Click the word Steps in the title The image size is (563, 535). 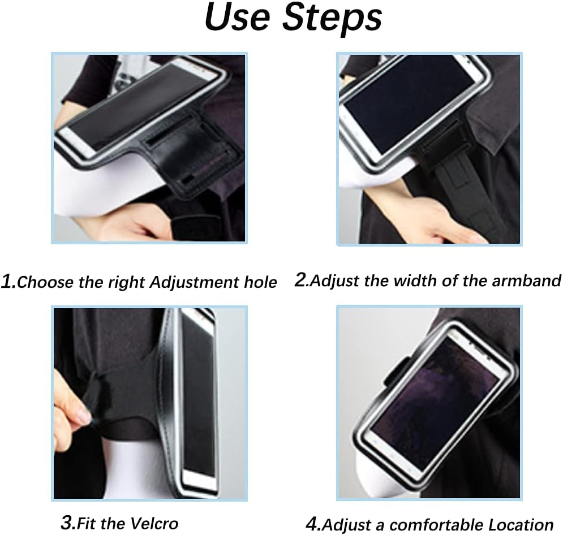pyautogui.click(x=333, y=19)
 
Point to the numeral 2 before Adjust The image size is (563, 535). pyautogui.click(x=300, y=279)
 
